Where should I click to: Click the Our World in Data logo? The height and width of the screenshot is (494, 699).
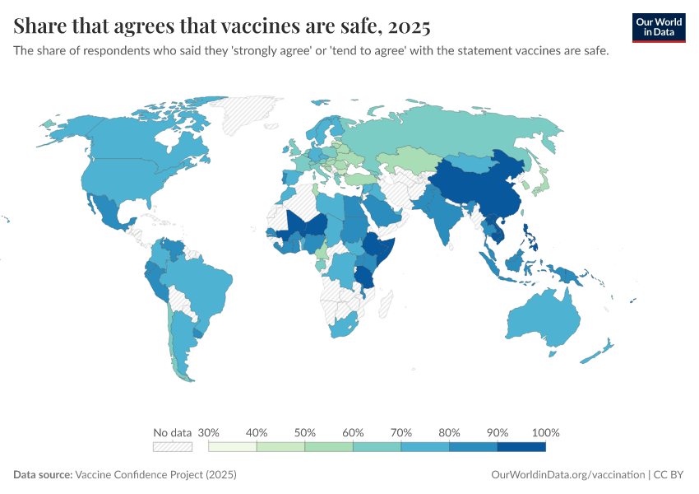tap(659, 27)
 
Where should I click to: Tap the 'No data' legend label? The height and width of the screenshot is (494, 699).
tap(172, 432)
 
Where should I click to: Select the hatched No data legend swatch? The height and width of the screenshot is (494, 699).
tap(172, 447)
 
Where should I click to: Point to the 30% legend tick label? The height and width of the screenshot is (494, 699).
tap(209, 432)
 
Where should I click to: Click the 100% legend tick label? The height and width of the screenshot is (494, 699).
tap(546, 432)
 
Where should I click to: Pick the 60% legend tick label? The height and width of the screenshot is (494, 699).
tap(353, 432)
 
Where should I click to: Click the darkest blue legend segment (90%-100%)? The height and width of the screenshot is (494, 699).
tap(521, 447)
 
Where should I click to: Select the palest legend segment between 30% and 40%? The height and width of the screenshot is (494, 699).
tap(233, 447)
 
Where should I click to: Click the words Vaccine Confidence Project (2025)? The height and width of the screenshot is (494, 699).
tap(155, 475)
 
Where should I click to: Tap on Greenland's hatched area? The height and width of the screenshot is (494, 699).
tap(255, 111)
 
